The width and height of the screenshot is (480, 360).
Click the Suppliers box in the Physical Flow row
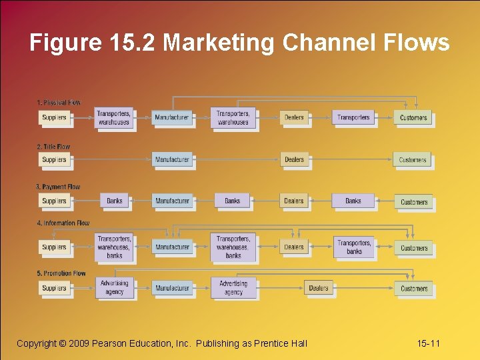(54, 117)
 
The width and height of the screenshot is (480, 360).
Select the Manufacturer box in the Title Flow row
(172, 159)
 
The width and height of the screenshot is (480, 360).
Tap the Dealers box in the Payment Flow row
(293, 201)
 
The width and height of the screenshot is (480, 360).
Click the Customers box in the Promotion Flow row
(414, 289)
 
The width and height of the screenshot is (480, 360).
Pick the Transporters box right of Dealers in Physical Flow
(353, 117)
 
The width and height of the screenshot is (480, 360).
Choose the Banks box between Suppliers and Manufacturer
(115, 201)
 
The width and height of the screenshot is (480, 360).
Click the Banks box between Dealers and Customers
(353, 201)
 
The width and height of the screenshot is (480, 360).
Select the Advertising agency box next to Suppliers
(114, 287)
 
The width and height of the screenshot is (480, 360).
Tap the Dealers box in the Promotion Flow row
(319, 288)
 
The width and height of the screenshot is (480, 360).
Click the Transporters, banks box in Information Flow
(354, 247)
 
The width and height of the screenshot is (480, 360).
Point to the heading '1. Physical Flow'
(59, 103)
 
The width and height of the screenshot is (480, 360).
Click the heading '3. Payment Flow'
(57, 187)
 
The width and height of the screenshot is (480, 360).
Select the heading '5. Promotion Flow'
(61, 273)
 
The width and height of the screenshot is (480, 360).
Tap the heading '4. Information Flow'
(63, 223)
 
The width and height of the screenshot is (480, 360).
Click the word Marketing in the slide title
(219, 43)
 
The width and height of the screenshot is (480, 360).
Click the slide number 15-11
(429, 343)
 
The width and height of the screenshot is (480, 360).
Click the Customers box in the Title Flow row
(413, 160)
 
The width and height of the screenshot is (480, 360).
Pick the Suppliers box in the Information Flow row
(54, 247)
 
